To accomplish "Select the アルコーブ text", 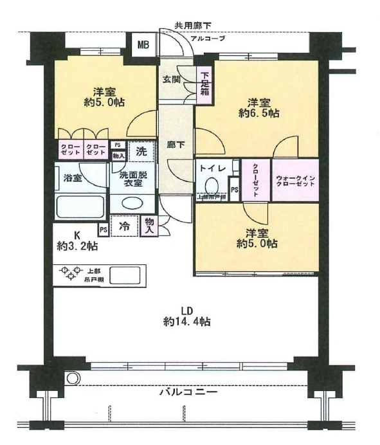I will pyautogui.click(x=207, y=38).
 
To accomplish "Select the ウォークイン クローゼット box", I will pyautogui.click(x=295, y=181).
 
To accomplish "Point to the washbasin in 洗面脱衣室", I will pyautogui.click(x=132, y=203).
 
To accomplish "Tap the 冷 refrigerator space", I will pyautogui.click(x=127, y=226).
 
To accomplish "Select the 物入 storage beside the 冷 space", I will pyautogui.click(x=150, y=226).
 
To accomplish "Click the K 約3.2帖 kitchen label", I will pyautogui.click(x=76, y=240).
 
